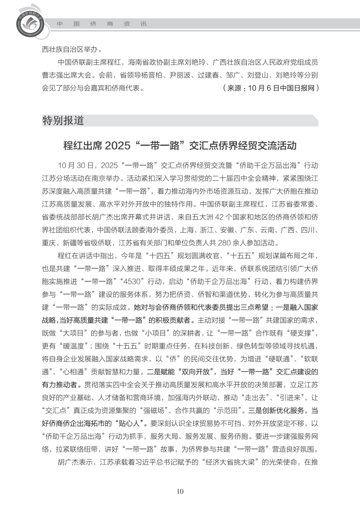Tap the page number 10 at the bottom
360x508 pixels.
180,491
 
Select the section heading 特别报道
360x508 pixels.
63,121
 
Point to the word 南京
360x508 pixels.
105,179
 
